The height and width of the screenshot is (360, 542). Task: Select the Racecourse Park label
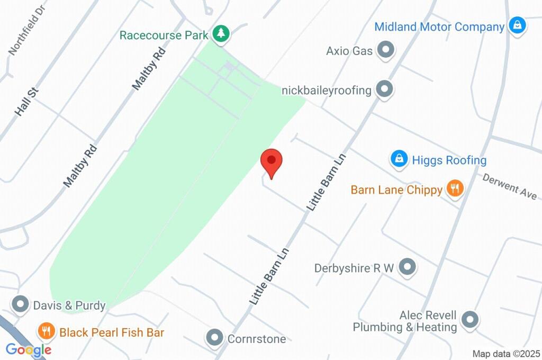[x=164, y=35]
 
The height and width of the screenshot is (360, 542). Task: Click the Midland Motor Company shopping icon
[x=516, y=25]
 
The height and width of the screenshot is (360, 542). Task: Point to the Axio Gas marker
[x=385, y=51]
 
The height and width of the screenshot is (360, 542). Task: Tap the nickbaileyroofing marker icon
[x=384, y=89]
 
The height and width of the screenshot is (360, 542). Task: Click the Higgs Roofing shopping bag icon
[x=399, y=159]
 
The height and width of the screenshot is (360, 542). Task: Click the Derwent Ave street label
[x=509, y=186]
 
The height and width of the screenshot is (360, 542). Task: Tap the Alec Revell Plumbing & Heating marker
[x=469, y=319]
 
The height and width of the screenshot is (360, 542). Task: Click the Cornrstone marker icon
[x=215, y=337]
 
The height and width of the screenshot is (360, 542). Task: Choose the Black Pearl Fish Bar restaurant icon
[x=47, y=331]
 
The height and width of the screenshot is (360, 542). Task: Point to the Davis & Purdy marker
[x=21, y=304]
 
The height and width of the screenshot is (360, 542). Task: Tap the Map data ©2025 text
[x=506, y=354]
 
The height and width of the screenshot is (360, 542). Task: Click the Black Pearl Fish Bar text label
[x=112, y=332]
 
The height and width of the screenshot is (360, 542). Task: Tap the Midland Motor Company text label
[x=439, y=26]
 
